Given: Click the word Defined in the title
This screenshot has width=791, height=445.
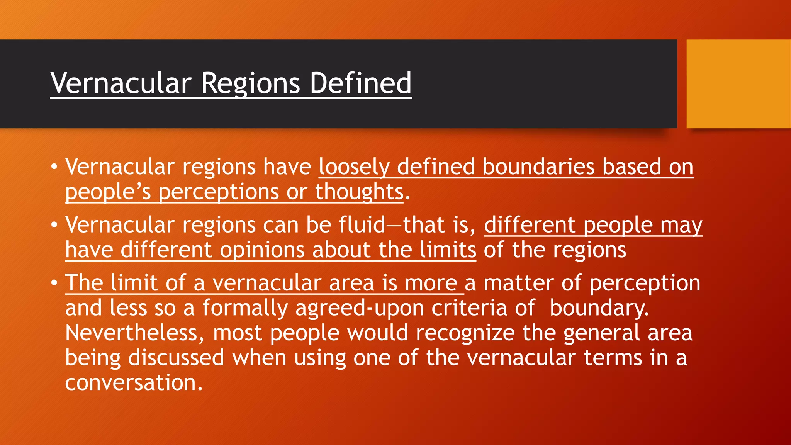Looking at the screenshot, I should (x=361, y=83).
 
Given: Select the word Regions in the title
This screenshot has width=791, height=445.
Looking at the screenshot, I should (x=250, y=84).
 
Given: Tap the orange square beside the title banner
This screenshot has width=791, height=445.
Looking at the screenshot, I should (x=738, y=83).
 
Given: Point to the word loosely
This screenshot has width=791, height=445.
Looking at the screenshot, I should (x=354, y=167).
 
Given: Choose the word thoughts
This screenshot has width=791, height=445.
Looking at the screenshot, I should (x=359, y=192).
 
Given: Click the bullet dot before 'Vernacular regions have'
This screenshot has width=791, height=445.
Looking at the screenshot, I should (x=54, y=167).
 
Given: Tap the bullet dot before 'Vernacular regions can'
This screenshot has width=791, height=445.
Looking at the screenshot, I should (x=54, y=225).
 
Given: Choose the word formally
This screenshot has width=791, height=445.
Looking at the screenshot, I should (x=245, y=308).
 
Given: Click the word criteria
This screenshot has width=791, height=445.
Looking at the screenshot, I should (x=469, y=308).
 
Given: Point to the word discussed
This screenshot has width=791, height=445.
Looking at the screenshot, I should (x=176, y=357).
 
